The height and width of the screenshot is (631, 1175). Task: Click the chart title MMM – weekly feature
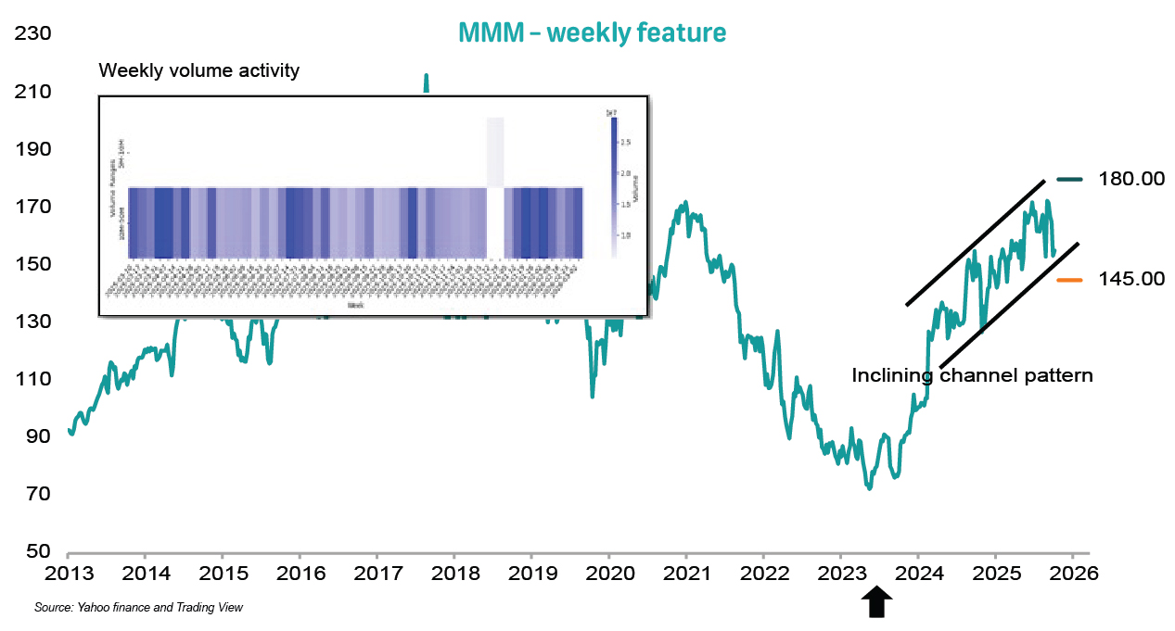point(592,33)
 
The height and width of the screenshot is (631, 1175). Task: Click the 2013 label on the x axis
point(69,573)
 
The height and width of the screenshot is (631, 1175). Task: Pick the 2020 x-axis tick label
point(608,573)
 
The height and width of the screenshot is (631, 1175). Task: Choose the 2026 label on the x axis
point(1073,573)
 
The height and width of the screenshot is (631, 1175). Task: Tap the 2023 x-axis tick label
point(840,573)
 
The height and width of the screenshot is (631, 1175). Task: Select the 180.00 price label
point(1130,179)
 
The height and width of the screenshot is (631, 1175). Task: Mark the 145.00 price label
point(1130,279)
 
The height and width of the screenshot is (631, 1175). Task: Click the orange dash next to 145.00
point(1069,279)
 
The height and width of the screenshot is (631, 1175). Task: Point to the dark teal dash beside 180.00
point(1069,179)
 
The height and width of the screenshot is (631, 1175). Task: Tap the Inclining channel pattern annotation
point(973,375)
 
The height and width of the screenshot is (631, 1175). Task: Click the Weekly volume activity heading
point(198,71)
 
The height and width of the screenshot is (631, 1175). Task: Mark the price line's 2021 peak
point(684,202)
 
